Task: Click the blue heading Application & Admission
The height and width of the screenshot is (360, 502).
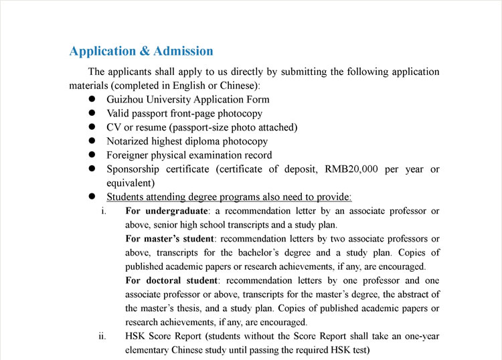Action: (141, 52)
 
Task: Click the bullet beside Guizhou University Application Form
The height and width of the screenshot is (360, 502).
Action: (92, 100)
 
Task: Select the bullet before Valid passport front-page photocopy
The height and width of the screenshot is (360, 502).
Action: (92, 114)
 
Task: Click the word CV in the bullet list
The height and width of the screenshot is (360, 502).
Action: (114, 127)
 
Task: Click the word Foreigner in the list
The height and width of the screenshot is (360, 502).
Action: (129, 155)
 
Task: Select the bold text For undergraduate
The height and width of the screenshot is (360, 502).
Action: (167, 211)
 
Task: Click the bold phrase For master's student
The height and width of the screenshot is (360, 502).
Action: (169, 239)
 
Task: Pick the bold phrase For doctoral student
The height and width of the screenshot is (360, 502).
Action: (171, 280)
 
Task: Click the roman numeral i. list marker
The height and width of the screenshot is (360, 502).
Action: (104, 211)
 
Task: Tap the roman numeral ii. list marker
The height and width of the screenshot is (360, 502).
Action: (102, 336)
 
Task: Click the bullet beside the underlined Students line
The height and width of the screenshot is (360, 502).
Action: (92, 197)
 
